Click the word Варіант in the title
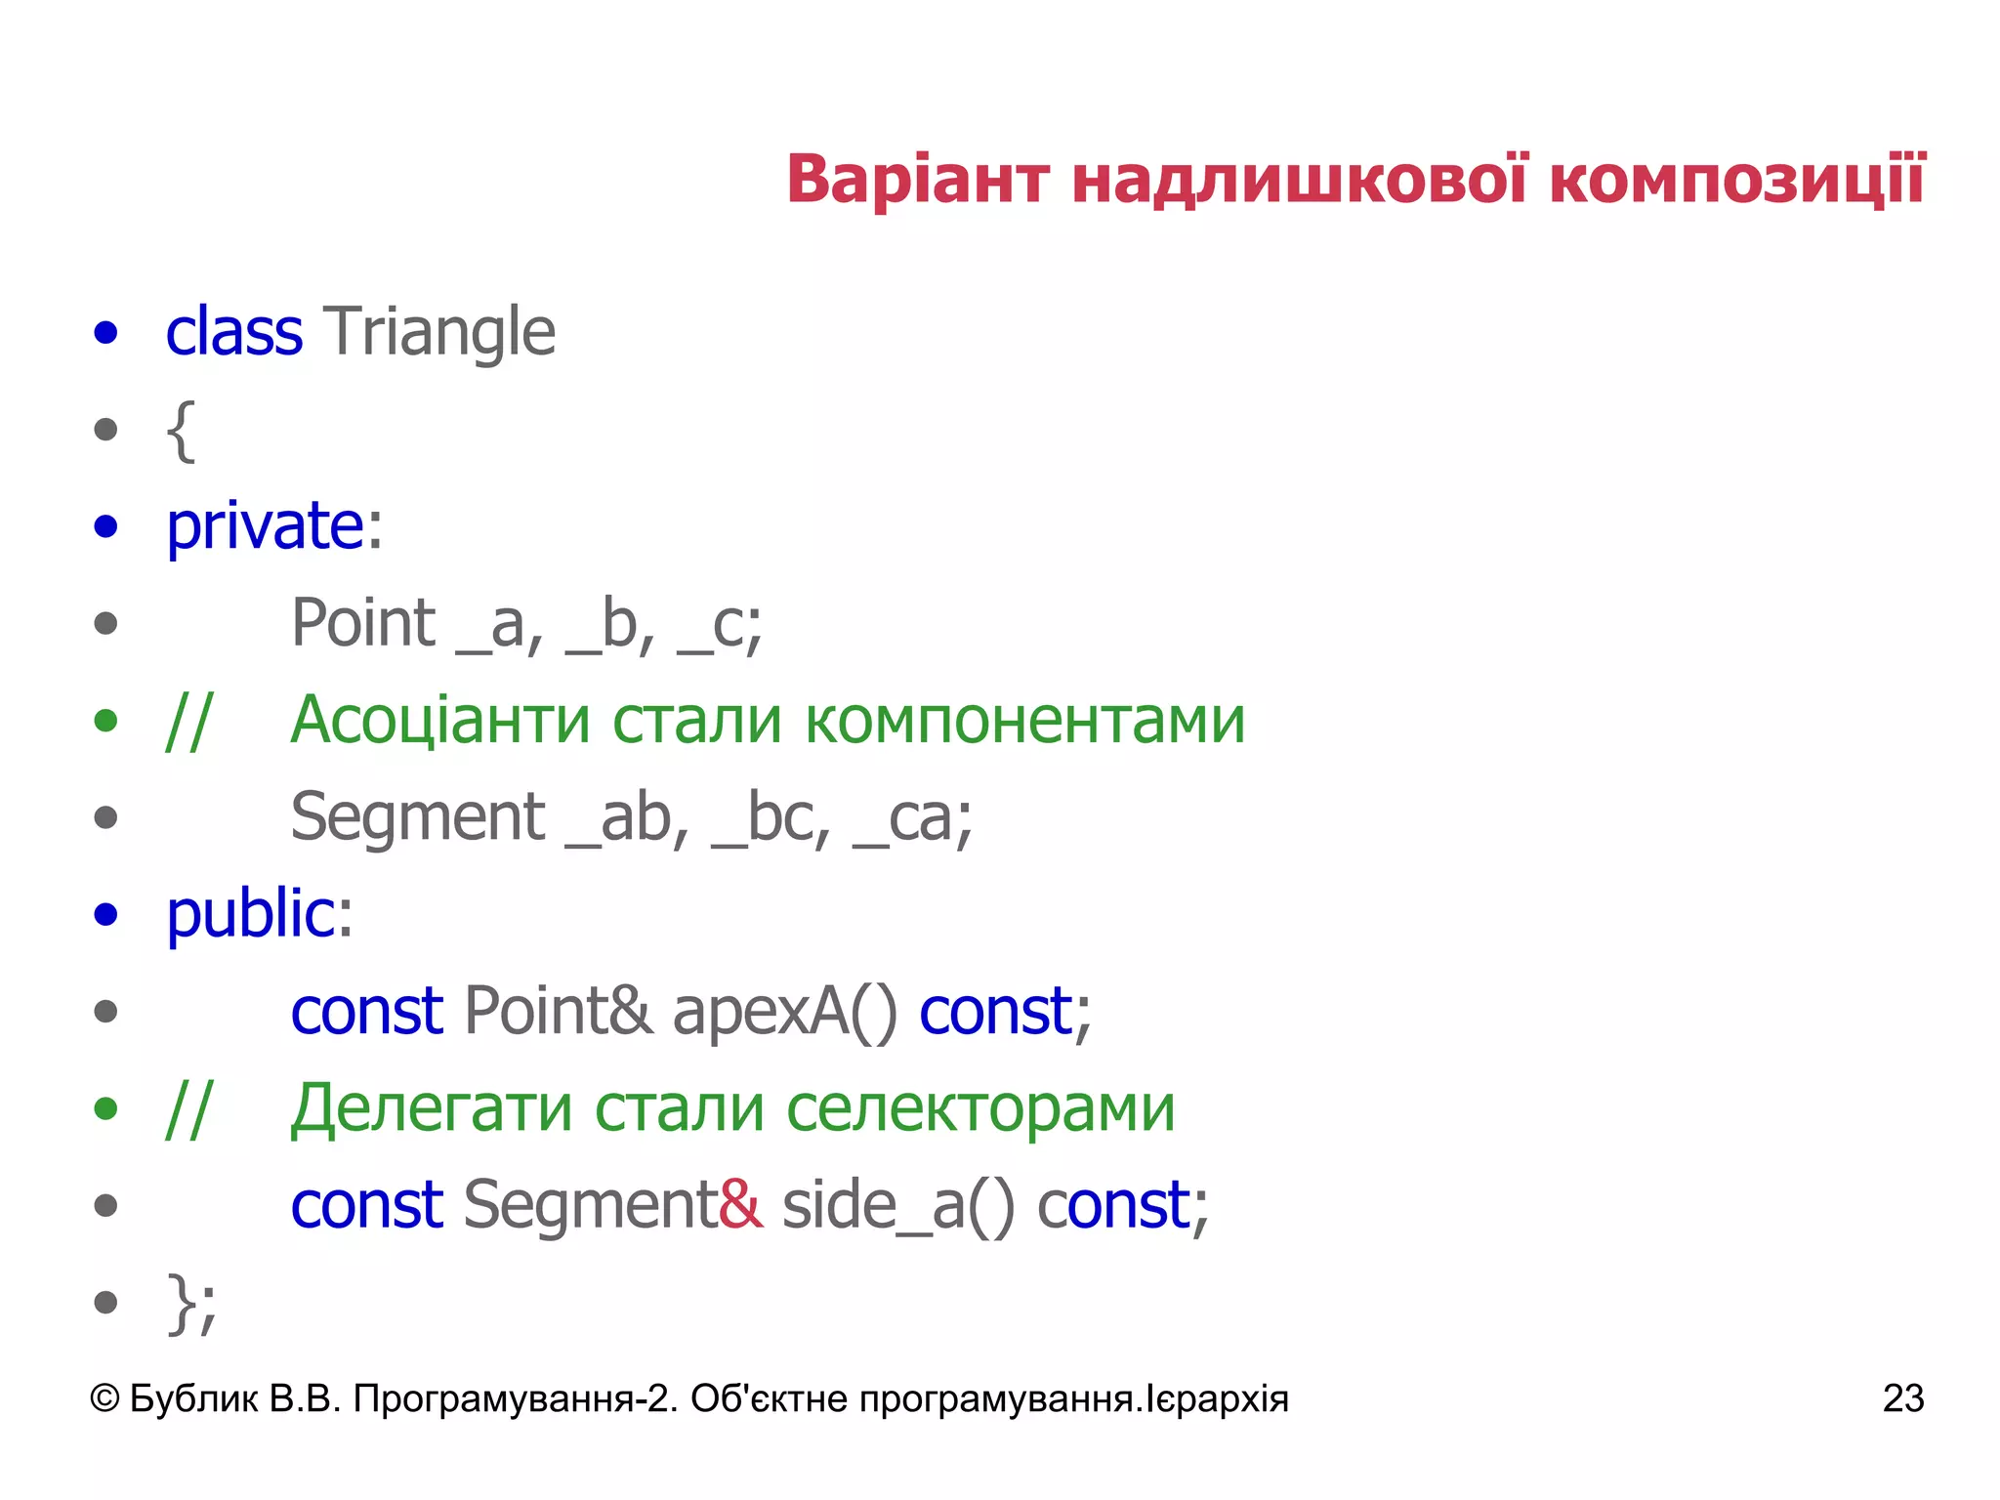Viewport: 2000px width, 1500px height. [x=917, y=181]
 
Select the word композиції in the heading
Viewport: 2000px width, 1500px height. [x=1736, y=181]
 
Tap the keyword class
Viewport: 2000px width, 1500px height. [x=233, y=332]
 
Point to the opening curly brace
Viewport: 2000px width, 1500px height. [x=181, y=430]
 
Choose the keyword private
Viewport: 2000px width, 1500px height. [x=266, y=527]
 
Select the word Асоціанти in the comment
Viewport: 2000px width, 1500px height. [x=440, y=721]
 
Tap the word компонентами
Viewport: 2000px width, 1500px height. [x=1025, y=721]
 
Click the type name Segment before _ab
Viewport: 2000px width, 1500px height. [x=418, y=817]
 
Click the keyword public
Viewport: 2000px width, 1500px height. [x=251, y=914]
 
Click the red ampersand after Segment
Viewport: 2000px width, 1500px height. [x=740, y=1204]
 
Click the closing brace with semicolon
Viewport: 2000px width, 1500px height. [x=191, y=1303]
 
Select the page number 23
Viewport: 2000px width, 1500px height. [x=1902, y=1398]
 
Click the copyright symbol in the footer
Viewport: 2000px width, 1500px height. [x=104, y=1398]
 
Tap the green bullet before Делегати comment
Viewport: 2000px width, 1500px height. [x=105, y=1108]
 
